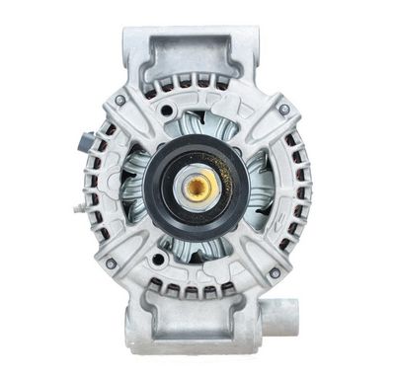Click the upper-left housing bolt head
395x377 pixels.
coord(120,100)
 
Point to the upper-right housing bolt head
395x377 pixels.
coord(284,108)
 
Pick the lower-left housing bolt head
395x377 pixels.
coord(111,264)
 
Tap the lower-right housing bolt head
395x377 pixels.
coord(275,272)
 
